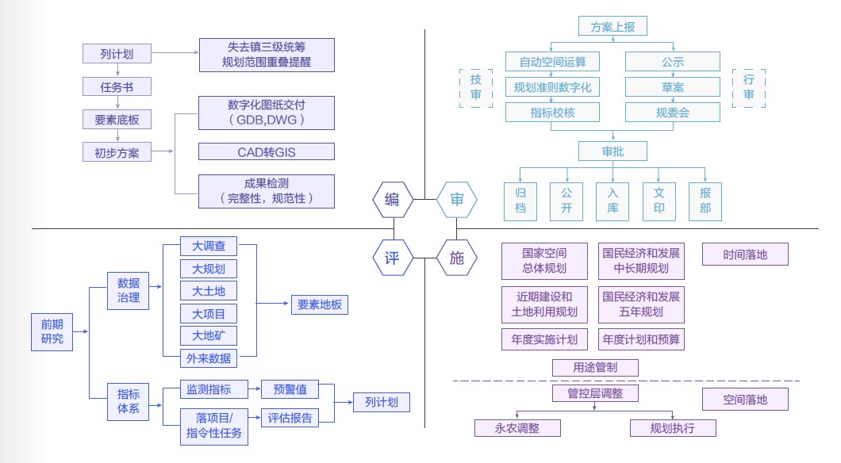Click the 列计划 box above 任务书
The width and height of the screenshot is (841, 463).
coord(117,54)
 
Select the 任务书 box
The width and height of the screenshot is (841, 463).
coord(117,86)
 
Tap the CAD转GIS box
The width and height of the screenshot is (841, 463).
coord(267,151)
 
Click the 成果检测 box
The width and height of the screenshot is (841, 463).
coord(267,191)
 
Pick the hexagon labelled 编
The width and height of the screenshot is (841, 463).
coord(392,199)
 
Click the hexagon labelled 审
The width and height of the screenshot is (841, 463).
coord(457,199)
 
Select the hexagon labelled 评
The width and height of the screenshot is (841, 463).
coord(392,257)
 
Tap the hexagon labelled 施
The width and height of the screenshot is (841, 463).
coord(457,257)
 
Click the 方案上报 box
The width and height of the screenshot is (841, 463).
coord(613,26)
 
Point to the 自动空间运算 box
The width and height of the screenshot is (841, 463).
coord(553,61)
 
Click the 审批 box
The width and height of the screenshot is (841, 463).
coord(613,151)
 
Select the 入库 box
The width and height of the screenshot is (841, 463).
coord(613,201)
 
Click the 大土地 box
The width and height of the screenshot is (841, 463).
coord(209,291)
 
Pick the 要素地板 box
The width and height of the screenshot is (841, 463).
coord(320,304)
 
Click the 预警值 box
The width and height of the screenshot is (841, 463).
coord(290,389)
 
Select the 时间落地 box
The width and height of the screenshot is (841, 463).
coord(745,254)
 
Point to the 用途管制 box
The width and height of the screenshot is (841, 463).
coord(595,367)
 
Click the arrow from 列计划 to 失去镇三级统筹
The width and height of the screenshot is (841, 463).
coord(174,54)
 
